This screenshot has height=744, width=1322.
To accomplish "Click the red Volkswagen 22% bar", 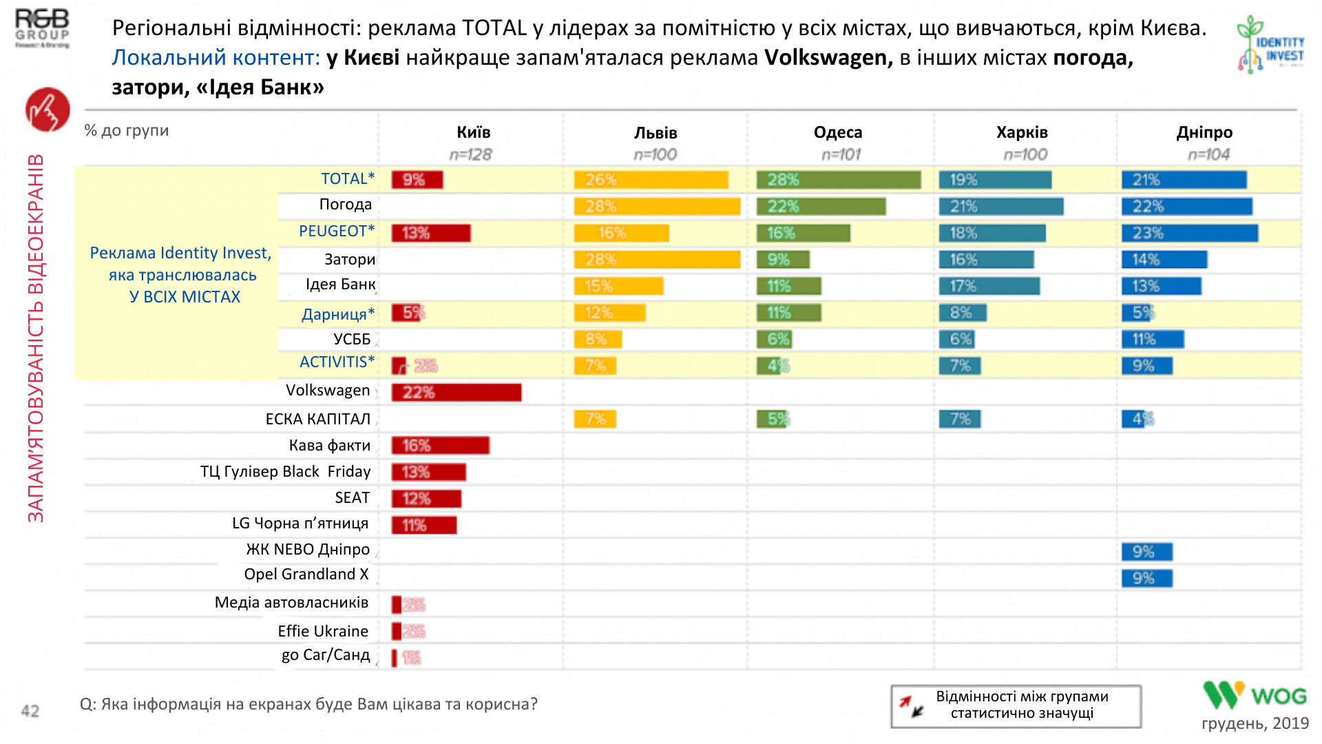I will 456,393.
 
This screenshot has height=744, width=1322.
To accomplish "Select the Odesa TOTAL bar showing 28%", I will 838,180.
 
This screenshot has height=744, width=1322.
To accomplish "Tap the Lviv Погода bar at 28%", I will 657,206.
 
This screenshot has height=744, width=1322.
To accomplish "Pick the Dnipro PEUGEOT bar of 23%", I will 1189,233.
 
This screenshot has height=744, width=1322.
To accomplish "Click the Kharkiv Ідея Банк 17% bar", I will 989,286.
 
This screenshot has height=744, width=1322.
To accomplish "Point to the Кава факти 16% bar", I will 440,446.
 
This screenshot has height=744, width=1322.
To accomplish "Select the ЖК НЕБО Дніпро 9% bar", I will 1146,552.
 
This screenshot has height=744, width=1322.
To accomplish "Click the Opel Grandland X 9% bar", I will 1146,578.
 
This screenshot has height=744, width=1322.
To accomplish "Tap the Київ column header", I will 474,132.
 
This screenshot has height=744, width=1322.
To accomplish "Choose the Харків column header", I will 1022,132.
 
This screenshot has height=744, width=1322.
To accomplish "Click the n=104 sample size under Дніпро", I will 1208,155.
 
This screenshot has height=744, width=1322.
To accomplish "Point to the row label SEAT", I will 353,497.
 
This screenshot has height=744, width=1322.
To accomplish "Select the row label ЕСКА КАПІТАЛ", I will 318,419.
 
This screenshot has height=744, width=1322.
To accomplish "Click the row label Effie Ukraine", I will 323,631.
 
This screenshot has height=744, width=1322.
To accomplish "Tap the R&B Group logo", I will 43,28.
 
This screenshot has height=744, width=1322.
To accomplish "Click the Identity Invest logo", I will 1271,45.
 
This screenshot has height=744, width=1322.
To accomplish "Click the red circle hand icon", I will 48,110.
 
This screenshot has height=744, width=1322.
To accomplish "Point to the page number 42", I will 30,711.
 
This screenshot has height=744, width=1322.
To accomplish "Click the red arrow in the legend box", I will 905,701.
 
